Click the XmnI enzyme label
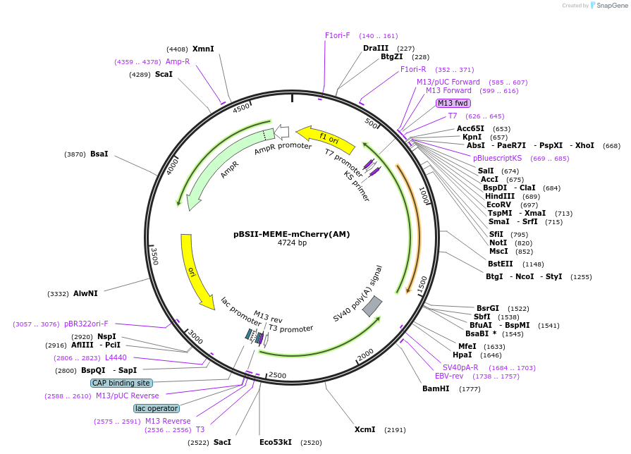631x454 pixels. pos(203,49)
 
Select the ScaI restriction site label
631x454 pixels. pos(164,74)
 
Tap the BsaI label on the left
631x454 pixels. pos(99,154)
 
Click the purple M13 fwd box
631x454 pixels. pos(453,103)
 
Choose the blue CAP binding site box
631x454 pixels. pos(121,383)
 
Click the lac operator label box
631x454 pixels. pos(157,408)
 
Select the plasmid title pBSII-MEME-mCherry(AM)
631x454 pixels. pos(291,234)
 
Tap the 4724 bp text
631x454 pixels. pos(292,243)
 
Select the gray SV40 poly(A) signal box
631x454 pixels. pos(372,306)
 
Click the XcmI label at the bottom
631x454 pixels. pos(365,429)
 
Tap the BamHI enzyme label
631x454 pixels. pos(436,388)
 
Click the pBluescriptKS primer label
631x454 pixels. pos(497,158)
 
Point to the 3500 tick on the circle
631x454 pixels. pos(154,255)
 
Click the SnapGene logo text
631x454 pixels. pos(611,5)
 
